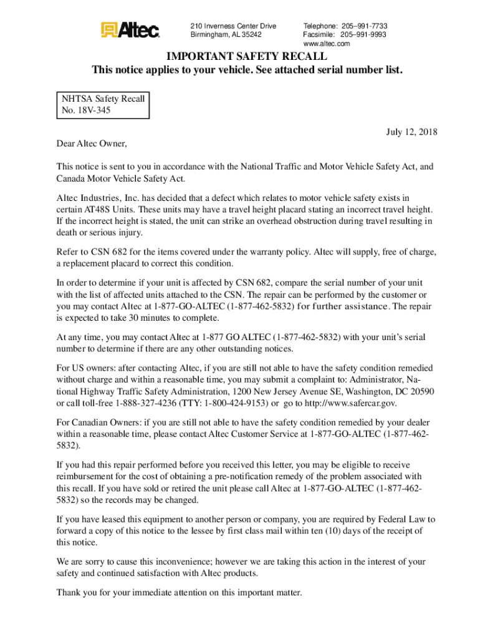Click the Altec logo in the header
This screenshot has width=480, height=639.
coord(130,29)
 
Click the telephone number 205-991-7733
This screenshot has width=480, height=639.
coord(363,26)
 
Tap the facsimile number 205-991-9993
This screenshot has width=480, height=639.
coord(363,35)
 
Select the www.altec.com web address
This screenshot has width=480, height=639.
coord(326,44)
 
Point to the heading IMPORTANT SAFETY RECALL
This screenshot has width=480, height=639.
coord(247,57)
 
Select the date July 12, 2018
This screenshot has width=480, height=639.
coord(412,132)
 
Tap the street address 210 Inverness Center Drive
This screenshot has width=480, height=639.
coord(233,26)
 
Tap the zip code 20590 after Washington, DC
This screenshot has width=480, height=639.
coord(423,391)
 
